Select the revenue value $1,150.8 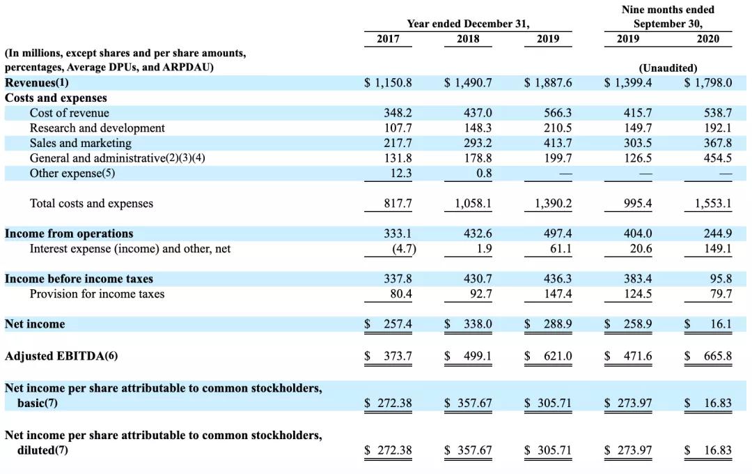tap(389, 82)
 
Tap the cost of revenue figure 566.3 tap(558, 113)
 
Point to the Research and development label tap(97, 128)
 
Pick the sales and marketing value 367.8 tap(718, 143)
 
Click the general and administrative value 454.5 tap(718, 158)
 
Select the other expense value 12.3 tap(398, 174)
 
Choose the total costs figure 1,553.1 tap(712, 204)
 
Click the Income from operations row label tap(69, 234)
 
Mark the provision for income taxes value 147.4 tap(558, 294)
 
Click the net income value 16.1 tap(721, 324)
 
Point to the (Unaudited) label tap(668, 68)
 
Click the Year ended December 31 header tap(468, 24)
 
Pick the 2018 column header tap(468, 39)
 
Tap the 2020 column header tap(708, 39)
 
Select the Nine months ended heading tap(668, 10)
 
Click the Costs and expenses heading tap(56, 98)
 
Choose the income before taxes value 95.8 tap(721, 279)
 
